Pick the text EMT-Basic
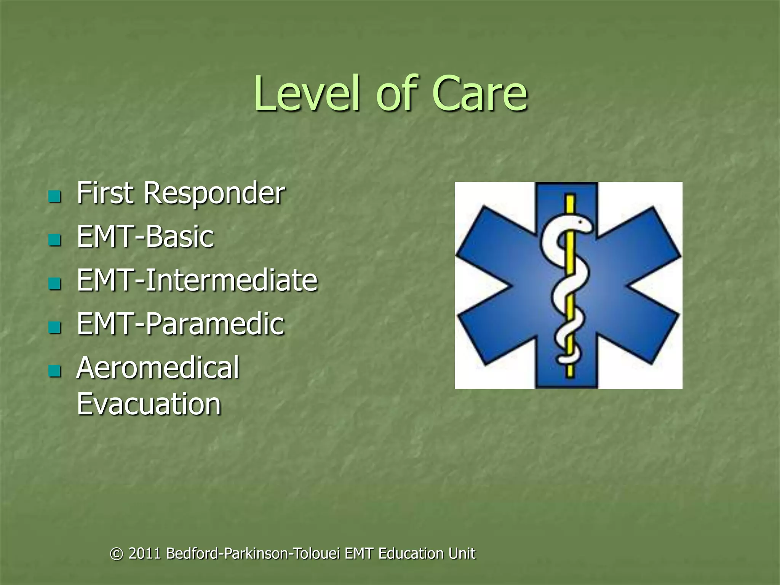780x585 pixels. click(x=145, y=237)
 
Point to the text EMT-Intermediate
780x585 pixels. click(x=197, y=280)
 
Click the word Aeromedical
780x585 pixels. click(x=158, y=368)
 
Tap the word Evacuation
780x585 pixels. click(x=149, y=404)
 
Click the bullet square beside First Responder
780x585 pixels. click(x=55, y=197)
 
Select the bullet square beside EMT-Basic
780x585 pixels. click(x=55, y=240)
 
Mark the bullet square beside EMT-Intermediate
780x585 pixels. click(x=55, y=283)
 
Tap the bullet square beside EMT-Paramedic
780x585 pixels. click(x=55, y=327)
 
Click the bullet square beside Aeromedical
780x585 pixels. click(x=55, y=371)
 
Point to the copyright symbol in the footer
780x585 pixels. click(x=117, y=554)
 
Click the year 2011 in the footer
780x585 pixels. click(x=145, y=553)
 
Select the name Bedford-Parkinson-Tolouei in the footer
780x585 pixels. click(x=253, y=553)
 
